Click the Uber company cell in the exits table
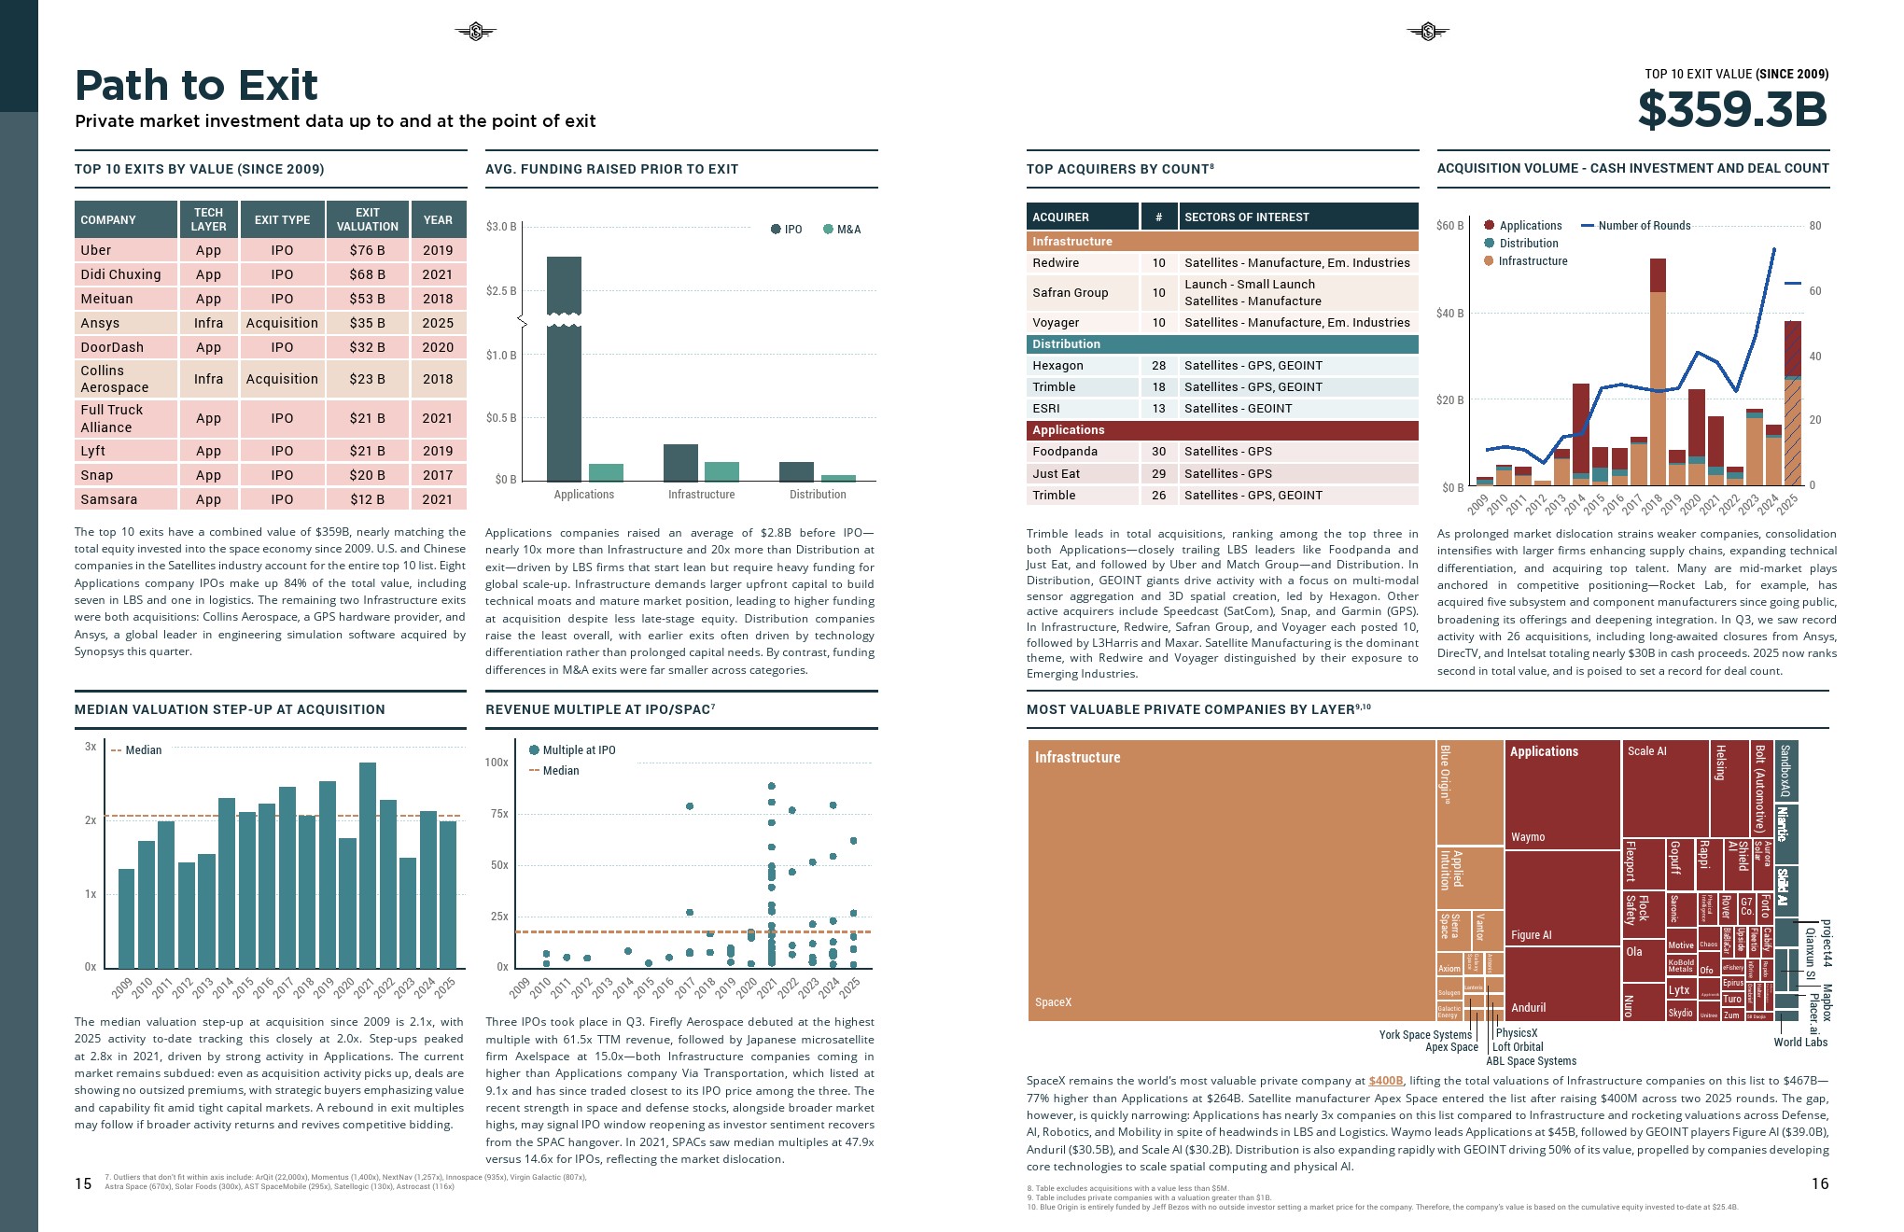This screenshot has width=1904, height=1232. click(96, 250)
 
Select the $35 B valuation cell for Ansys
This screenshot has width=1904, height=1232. click(367, 323)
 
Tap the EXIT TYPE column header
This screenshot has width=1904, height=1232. click(282, 220)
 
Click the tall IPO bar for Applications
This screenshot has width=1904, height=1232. click(564, 373)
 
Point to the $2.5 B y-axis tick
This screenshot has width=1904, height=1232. click(501, 291)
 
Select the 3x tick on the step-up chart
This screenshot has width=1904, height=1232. click(91, 747)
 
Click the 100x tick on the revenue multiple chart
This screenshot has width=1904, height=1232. click(497, 763)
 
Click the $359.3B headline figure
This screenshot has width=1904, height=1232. click(1732, 109)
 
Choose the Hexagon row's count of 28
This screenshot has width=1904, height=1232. click(1158, 366)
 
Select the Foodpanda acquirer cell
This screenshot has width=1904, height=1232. click(1065, 452)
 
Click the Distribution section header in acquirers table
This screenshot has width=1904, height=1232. click(1067, 344)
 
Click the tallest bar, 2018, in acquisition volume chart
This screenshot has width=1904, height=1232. click(1658, 373)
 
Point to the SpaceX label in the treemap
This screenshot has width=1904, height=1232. click(1053, 1002)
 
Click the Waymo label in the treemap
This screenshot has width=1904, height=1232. click(1528, 837)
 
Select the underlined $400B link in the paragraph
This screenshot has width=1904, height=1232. click(1386, 1081)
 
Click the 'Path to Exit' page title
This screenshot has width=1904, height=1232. click(196, 86)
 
